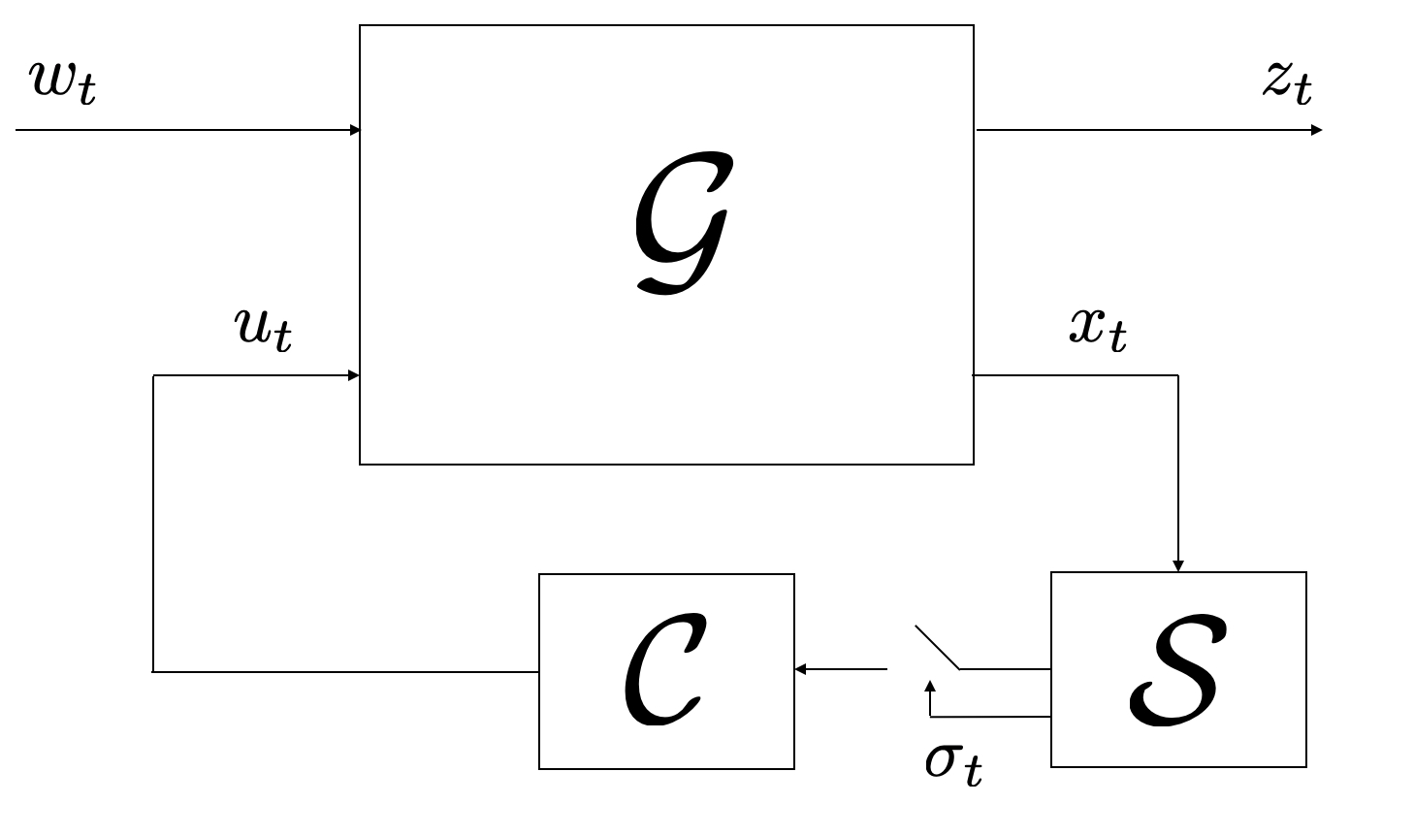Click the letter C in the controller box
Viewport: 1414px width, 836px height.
click(663, 669)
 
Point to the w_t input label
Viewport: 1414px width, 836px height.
click(64, 81)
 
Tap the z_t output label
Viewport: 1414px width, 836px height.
click(1288, 81)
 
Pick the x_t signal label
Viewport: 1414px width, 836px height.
click(1098, 328)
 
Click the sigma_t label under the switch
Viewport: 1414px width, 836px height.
click(952, 761)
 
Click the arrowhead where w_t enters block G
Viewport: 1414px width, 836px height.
click(355, 130)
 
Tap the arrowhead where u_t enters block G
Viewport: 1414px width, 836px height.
click(355, 375)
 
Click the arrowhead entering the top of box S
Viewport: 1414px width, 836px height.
click(1178, 566)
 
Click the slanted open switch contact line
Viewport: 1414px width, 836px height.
click(937, 648)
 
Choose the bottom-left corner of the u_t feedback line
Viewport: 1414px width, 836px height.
click(153, 671)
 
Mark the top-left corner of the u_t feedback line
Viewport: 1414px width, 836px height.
click(153, 375)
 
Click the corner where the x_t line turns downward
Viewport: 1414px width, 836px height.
click(1178, 375)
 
